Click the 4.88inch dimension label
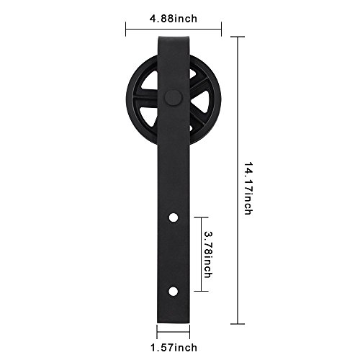(x=174, y=19)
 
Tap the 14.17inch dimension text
(x=248, y=188)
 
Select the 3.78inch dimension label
(x=208, y=255)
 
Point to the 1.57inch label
(x=174, y=347)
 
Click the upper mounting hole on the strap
(x=174, y=217)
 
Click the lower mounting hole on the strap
(x=174, y=292)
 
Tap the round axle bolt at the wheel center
(x=174, y=97)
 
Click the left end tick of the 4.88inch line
(x=126, y=30)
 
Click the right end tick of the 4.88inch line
(x=221, y=30)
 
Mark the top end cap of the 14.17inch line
(x=238, y=37)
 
